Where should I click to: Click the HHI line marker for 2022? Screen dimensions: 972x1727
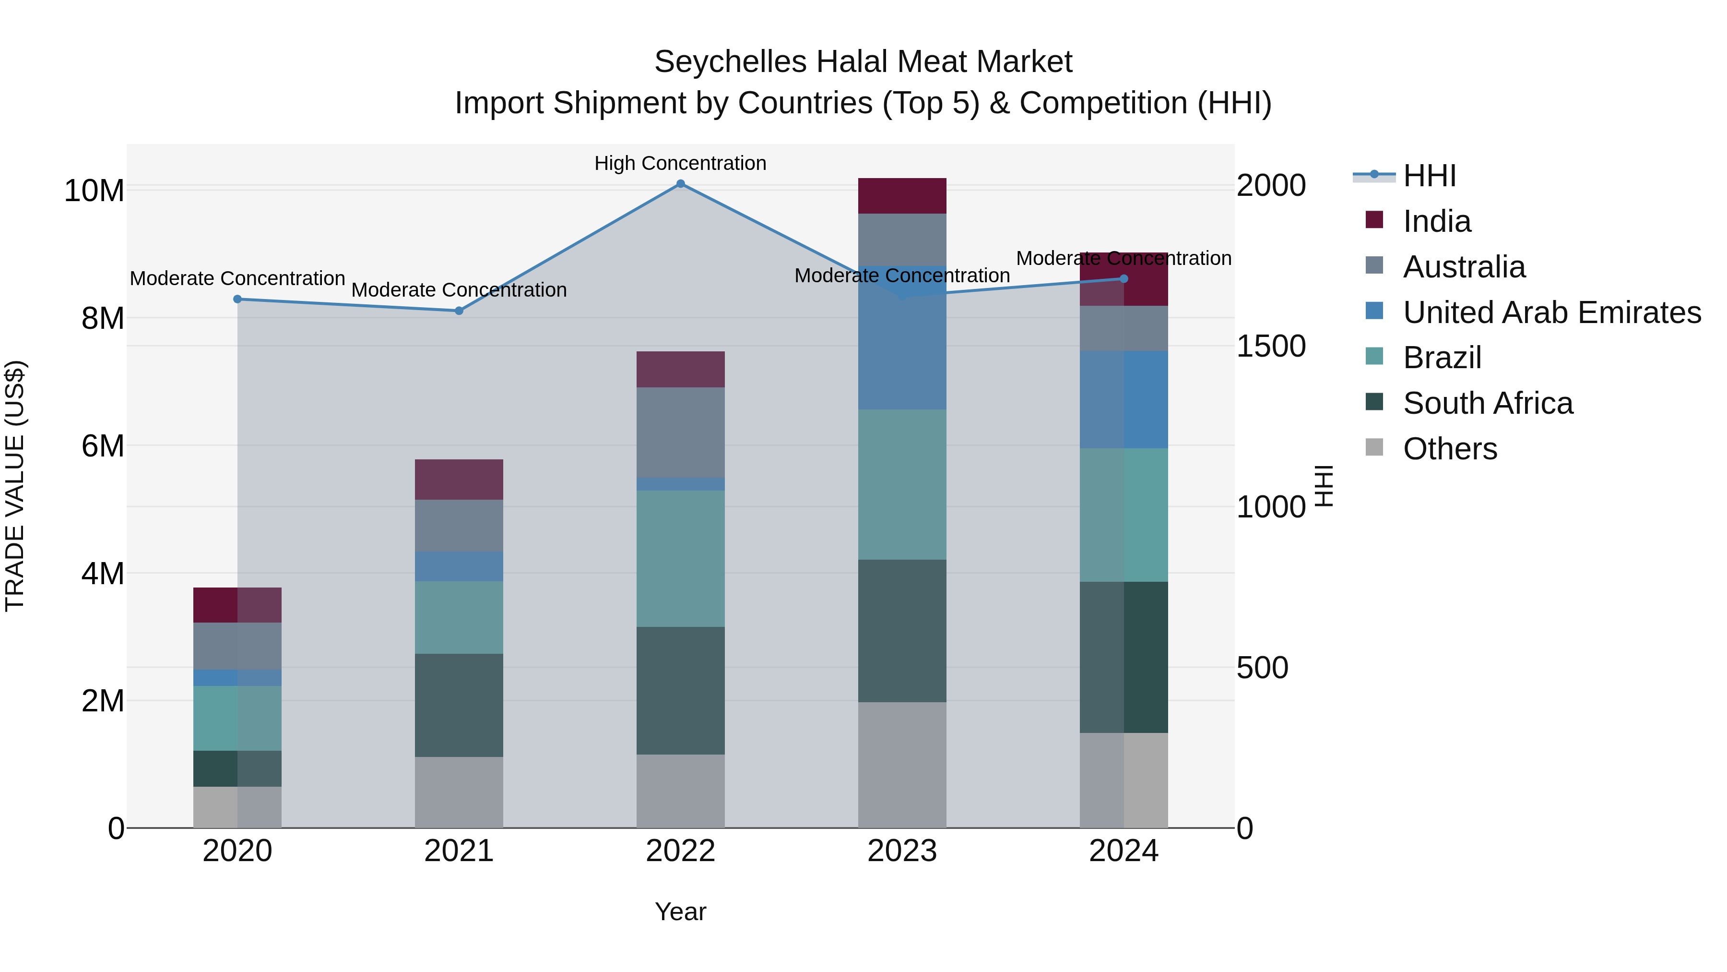click(680, 184)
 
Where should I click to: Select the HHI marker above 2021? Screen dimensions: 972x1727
click(459, 311)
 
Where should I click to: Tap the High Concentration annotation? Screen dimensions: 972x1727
click(680, 163)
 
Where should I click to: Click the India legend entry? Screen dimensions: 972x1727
click(1437, 221)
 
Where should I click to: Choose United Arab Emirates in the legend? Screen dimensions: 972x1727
click(1551, 312)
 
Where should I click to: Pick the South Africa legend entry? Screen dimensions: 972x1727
click(1487, 403)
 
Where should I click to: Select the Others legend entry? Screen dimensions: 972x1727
click(1449, 449)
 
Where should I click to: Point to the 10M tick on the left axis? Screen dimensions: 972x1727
click(94, 191)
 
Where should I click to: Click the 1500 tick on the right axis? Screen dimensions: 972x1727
click(1270, 346)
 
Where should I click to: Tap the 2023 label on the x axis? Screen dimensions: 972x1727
click(902, 851)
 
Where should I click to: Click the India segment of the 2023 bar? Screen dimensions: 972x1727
click(902, 196)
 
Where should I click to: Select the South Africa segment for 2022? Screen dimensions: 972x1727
click(680, 690)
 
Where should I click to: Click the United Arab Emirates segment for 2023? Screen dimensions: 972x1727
click(902, 339)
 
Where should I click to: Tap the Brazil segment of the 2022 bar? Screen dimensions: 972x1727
click(680, 558)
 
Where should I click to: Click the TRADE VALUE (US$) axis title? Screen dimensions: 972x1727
click(15, 486)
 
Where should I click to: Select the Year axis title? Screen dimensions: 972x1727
click(680, 912)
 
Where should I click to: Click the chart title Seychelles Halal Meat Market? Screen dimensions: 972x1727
click(863, 62)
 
